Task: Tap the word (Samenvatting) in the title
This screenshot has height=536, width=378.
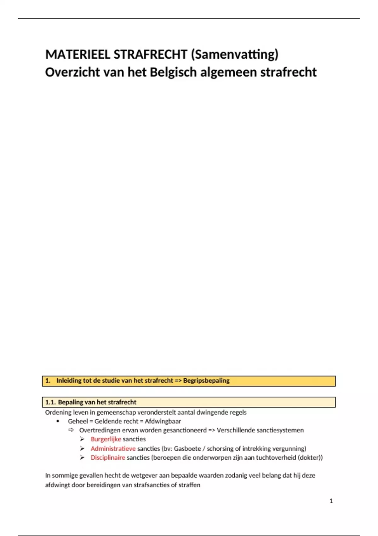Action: coord(235,55)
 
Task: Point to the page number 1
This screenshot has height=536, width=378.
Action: coord(331,501)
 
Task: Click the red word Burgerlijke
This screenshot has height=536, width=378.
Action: coord(106,439)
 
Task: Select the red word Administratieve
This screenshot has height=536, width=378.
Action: coord(113,449)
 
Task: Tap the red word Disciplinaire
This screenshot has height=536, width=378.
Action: coord(108,457)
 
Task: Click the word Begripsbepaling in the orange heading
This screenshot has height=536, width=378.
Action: coord(206,381)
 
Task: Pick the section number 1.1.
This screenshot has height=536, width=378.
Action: coord(50,402)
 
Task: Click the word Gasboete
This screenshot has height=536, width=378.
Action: coord(187,449)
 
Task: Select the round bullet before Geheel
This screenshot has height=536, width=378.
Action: coord(58,421)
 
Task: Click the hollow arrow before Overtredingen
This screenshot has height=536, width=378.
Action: coord(71,430)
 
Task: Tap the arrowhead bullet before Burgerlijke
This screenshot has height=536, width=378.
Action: coord(82,439)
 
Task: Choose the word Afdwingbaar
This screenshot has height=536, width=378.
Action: coord(163,421)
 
